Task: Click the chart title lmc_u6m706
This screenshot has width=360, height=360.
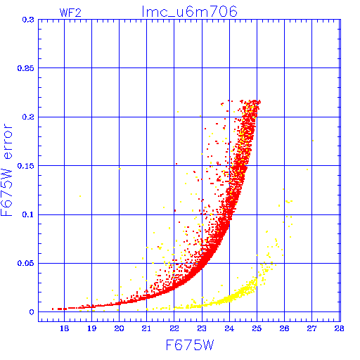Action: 190,12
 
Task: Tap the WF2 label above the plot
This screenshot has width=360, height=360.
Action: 70,13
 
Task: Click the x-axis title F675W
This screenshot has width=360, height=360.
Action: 190,345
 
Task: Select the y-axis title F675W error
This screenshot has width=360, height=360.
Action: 7,170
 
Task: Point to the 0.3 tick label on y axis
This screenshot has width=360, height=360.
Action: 28,20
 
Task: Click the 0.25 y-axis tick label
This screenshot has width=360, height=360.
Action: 26,68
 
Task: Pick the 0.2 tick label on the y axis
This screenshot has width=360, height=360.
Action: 28,117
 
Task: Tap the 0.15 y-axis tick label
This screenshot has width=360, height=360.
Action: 26,166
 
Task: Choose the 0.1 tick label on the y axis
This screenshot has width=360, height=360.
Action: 28,214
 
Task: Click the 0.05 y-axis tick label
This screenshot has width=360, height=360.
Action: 26,263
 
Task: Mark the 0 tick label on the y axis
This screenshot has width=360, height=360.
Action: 32,312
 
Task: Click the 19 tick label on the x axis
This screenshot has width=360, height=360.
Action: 91,328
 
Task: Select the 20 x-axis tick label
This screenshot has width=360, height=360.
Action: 119,328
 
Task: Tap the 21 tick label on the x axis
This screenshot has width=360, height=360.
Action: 146,328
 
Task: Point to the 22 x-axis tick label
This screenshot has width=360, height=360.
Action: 174,328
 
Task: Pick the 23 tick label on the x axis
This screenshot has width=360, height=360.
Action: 202,328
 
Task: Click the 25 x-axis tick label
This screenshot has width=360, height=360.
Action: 257,328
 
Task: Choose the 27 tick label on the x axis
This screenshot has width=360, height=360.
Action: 312,328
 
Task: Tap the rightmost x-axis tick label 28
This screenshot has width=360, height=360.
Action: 340,328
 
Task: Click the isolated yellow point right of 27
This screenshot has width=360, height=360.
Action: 313,141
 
